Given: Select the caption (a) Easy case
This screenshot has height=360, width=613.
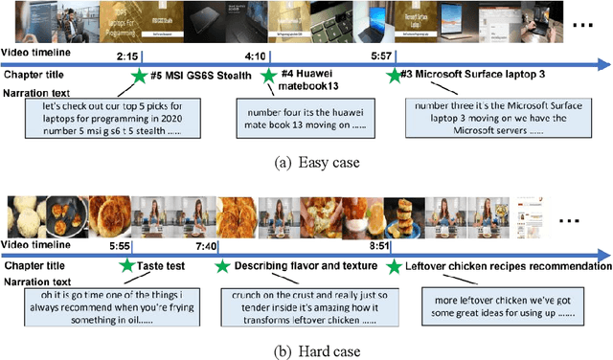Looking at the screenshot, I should coord(306,163).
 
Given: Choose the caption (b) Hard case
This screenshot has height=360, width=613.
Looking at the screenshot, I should coord(306,350).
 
